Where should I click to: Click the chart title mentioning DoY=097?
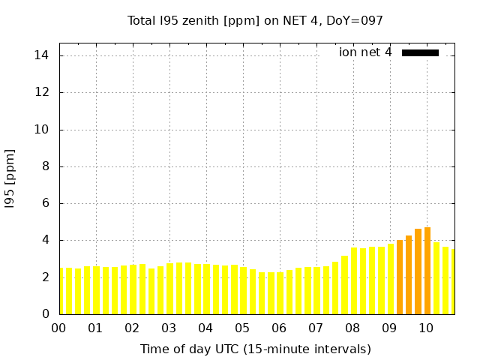click(x=255, y=20)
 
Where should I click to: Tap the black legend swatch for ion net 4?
click(x=420, y=52)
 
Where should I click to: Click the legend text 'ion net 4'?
click(x=365, y=52)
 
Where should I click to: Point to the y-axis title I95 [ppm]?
click(x=10, y=177)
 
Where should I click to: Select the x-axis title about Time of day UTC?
click(x=255, y=349)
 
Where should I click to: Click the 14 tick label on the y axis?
click(x=42, y=55)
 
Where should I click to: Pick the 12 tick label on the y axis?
click(x=42, y=92)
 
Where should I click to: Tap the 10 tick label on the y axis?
click(x=42, y=129)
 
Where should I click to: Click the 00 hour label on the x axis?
click(x=58, y=328)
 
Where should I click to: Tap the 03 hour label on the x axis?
click(x=169, y=328)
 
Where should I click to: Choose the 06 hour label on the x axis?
click(x=279, y=328)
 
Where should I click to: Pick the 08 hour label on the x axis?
click(x=352, y=328)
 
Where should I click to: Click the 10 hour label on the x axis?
click(x=426, y=328)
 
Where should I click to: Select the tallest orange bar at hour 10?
click(x=427, y=271)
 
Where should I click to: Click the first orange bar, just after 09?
click(x=400, y=277)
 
